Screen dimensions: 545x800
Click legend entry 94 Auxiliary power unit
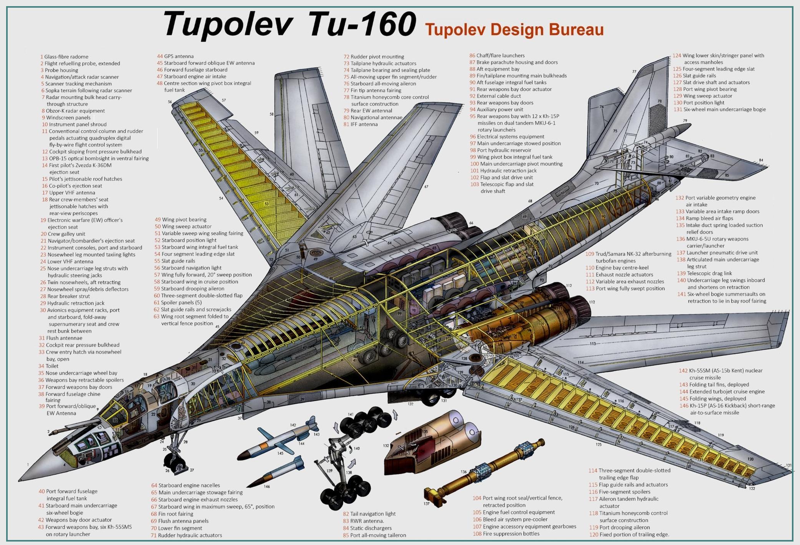tap(496, 109)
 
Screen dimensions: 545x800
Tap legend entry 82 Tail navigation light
tap(369, 513)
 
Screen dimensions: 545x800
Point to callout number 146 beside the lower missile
tap(267, 486)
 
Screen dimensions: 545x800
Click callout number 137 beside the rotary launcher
tap(426, 503)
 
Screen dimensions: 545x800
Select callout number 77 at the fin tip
tap(634, 72)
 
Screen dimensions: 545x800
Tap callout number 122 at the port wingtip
tap(752, 488)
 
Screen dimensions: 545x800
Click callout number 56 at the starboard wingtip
tap(170, 102)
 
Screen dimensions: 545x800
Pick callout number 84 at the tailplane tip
tap(761, 160)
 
